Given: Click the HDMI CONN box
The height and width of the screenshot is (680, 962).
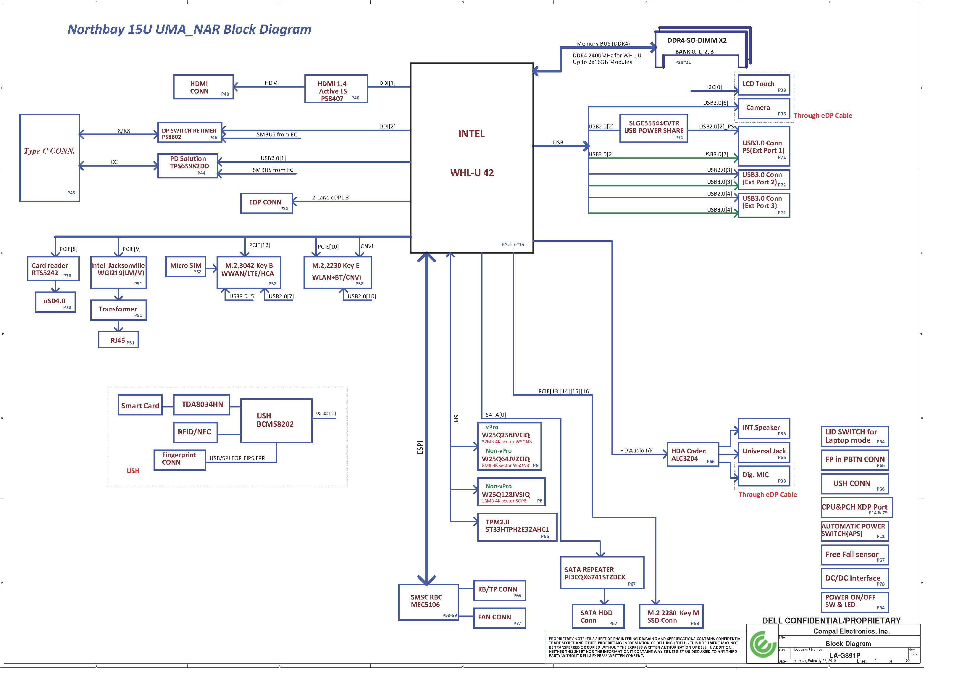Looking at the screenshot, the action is pyautogui.click(x=203, y=87).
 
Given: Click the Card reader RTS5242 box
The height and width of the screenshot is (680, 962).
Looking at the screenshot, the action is pyautogui.click(x=53, y=268).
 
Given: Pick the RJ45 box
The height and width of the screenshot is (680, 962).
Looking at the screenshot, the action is pyautogui.click(x=119, y=340).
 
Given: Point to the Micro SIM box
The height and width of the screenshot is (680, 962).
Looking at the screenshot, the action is pyautogui.click(x=185, y=267).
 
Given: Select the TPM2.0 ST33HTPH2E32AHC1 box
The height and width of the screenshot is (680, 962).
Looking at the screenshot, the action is pyautogui.click(x=517, y=527).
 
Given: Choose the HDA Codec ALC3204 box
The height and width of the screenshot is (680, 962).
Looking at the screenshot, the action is pyautogui.click(x=693, y=454).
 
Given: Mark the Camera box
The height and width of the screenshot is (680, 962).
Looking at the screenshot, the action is pyautogui.click(x=764, y=109).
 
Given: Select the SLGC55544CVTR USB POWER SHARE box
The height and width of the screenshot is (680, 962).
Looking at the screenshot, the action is pyautogui.click(x=654, y=128).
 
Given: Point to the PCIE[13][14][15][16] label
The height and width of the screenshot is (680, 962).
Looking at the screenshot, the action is pyautogui.click(x=564, y=391).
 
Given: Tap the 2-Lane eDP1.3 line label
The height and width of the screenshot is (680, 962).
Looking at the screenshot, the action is pyautogui.click(x=330, y=197).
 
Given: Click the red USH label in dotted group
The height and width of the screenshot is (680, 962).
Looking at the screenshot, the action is pyautogui.click(x=133, y=471).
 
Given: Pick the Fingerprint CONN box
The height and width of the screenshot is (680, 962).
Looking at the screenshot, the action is pyautogui.click(x=180, y=460).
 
